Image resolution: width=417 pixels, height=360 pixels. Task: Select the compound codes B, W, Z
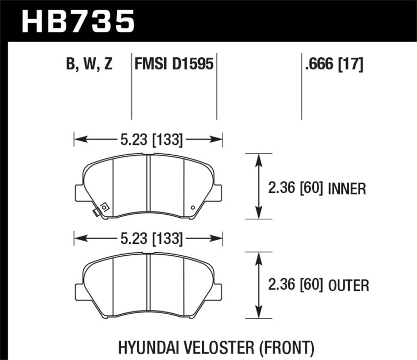[90, 64]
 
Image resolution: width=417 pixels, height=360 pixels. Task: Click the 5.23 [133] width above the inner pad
[149, 139]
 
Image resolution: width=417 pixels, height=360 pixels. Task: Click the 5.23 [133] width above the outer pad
[149, 239]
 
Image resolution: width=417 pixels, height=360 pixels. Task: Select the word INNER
[348, 188]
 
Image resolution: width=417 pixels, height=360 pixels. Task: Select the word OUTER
[349, 285]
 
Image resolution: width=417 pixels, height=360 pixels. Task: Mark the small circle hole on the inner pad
[194, 208]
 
